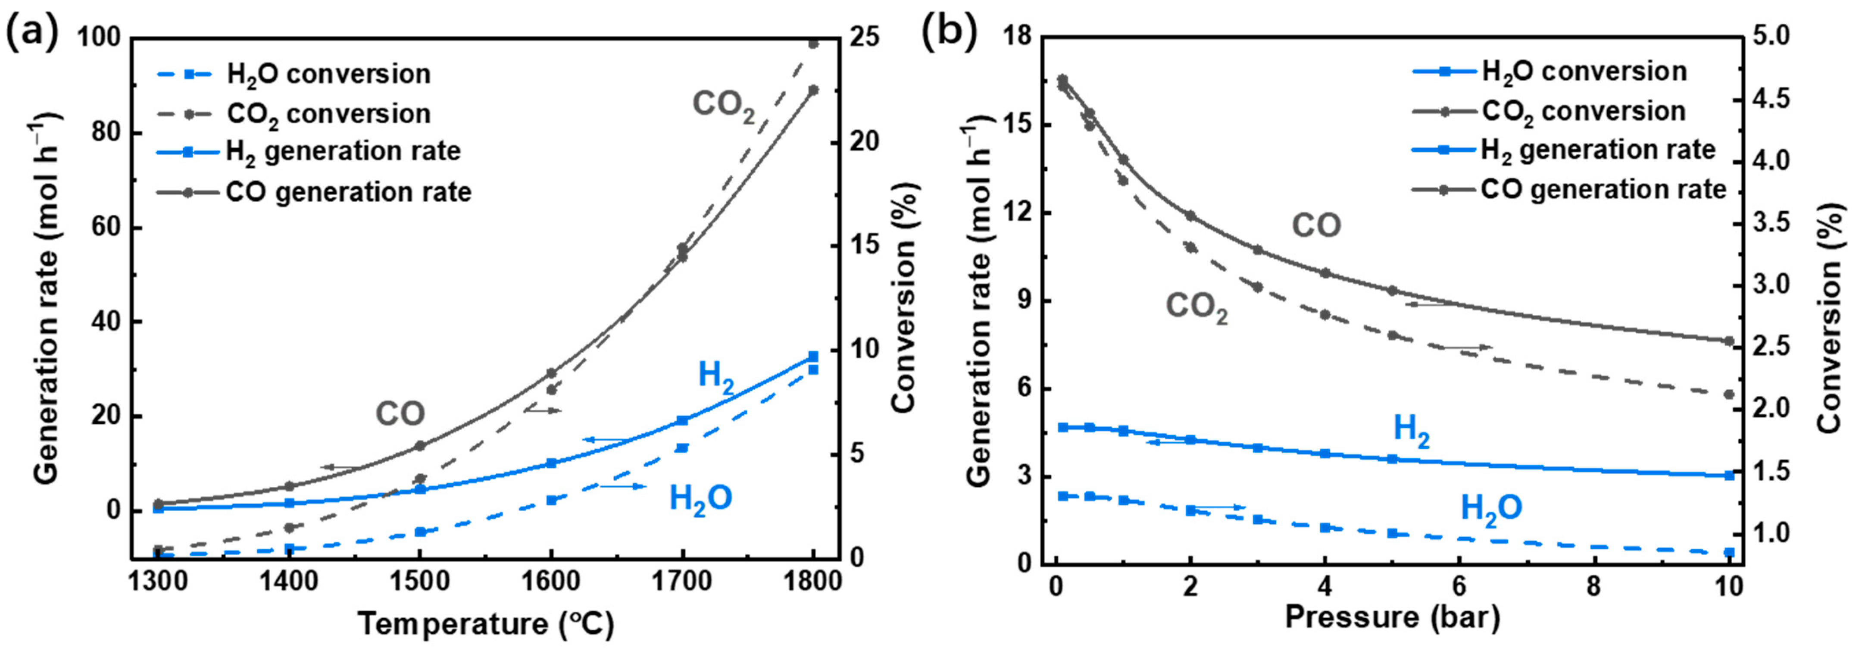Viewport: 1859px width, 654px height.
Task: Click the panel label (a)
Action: coord(32,32)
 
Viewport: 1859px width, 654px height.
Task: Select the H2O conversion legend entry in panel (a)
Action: coord(328,74)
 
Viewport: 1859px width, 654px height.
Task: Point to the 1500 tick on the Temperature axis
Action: coord(420,581)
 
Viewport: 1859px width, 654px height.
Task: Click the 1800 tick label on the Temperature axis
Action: coord(813,581)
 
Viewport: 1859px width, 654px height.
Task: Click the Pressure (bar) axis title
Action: coord(1392,618)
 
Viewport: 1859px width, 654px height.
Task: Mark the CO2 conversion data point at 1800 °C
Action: coord(813,44)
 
